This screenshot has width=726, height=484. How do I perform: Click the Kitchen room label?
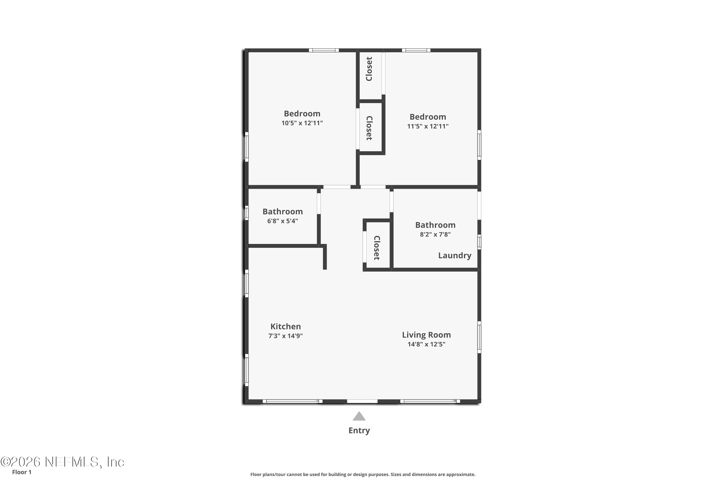(x=285, y=326)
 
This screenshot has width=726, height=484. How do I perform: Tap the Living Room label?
(x=426, y=335)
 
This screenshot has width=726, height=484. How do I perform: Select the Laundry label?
(x=454, y=255)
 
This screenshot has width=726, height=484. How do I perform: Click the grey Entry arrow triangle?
(x=359, y=416)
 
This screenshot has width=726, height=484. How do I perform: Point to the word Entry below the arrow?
(x=359, y=430)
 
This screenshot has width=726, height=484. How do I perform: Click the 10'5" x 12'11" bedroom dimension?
(x=302, y=123)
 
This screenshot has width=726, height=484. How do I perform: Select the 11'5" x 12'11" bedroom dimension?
(x=428, y=126)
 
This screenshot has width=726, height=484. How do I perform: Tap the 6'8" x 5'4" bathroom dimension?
(x=282, y=221)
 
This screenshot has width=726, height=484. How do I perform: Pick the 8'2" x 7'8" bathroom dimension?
(x=435, y=234)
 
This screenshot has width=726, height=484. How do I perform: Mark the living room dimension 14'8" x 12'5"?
(x=426, y=344)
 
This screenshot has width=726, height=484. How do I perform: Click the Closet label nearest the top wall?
(x=369, y=69)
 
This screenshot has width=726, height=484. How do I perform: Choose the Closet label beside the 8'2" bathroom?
(x=377, y=248)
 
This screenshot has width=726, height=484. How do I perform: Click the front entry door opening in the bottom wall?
(x=362, y=401)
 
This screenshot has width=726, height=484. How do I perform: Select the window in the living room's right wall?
(x=479, y=337)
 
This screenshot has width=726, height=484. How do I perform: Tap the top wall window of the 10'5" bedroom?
(x=324, y=50)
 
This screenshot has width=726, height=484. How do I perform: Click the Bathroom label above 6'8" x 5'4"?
(x=282, y=212)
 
